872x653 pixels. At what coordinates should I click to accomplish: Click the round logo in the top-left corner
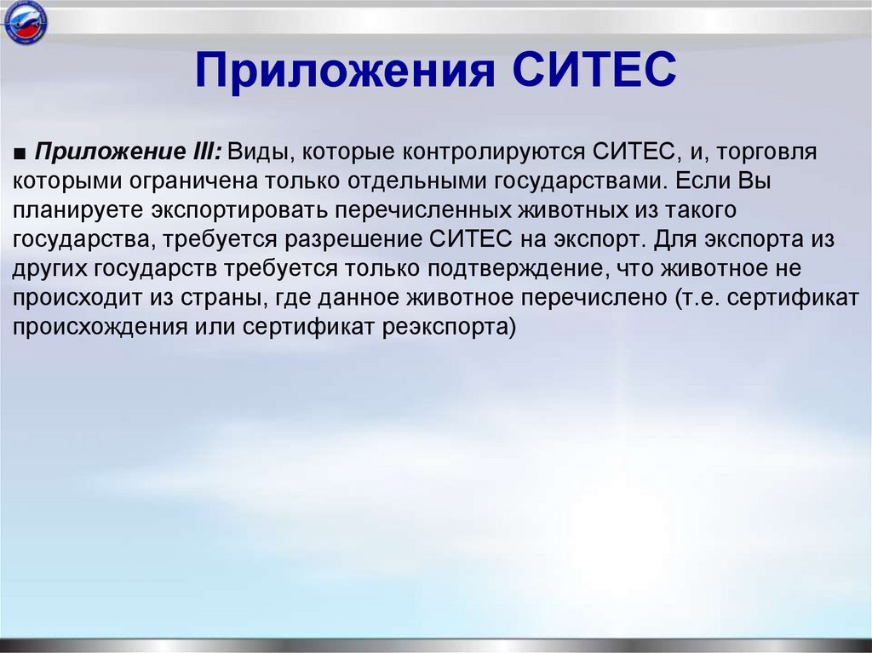pos(26,25)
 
